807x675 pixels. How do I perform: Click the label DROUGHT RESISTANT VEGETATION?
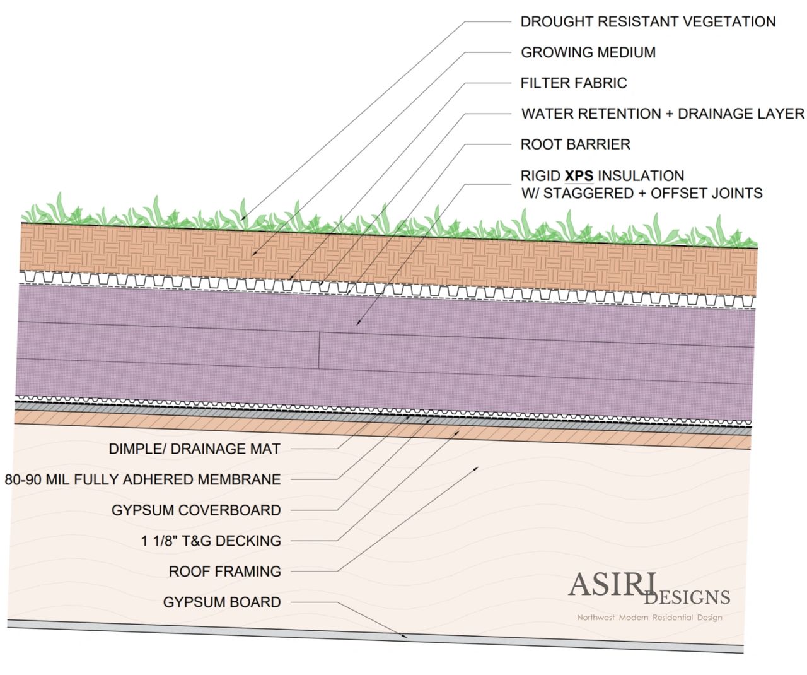[x=647, y=22]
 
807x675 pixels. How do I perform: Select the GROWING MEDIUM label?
[x=588, y=52]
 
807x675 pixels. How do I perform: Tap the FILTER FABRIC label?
[x=573, y=83]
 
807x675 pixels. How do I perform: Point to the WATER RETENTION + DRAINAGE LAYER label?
[x=662, y=114]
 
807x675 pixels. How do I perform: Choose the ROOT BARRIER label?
[x=575, y=144]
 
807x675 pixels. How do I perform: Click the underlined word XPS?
[x=579, y=175]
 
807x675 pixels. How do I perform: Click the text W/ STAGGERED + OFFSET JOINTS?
[x=641, y=193]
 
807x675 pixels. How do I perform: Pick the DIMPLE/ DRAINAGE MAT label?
[x=194, y=449]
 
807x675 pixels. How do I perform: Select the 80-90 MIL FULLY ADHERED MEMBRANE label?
[x=142, y=479]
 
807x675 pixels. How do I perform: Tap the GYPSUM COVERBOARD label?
[x=196, y=510]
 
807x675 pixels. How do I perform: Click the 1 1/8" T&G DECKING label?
[x=211, y=541]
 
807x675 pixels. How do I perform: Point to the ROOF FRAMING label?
[x=224, y=572]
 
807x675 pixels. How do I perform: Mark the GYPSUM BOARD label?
[x=222, y=602]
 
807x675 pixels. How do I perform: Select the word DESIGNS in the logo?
[x=687, y=597]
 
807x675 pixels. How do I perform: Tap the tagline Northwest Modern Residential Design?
[x=649, y=618]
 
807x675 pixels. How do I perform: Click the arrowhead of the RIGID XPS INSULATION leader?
[x=357, y=324]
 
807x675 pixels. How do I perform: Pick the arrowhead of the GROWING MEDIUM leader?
[x=253, y=254]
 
